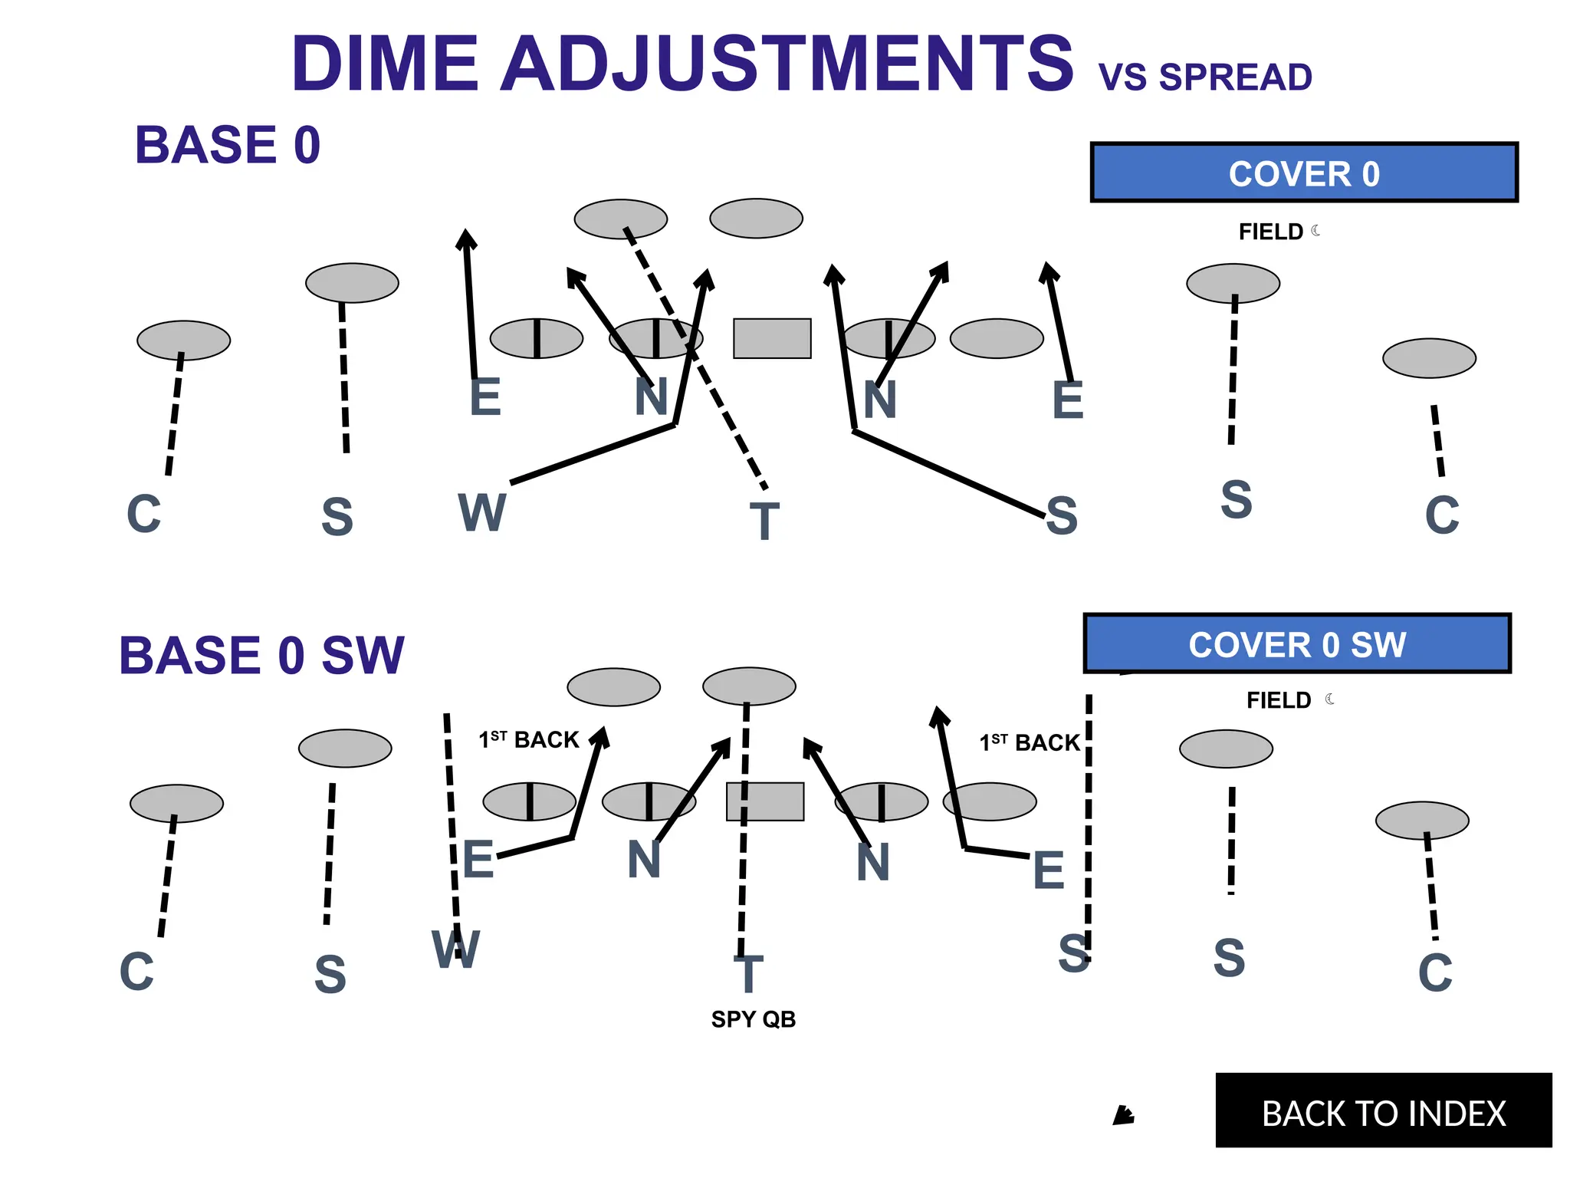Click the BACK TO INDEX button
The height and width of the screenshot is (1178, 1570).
pos(1383,1111)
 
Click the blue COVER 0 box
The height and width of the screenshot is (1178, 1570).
pos(1303,173)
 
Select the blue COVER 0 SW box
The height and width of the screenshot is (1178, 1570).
pos(1296,644)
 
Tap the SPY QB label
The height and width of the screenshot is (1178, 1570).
pos(753,1019)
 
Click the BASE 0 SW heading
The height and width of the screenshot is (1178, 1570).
pos(261,656)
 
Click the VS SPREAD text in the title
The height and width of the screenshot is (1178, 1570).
pos(1204,77)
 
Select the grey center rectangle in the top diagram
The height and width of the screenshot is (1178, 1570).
pos(772,338)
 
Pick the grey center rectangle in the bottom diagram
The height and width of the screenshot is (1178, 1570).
pos(765,801)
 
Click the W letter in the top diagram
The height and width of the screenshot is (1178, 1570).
pos(481,512)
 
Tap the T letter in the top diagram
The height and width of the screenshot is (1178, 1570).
pos(764,522)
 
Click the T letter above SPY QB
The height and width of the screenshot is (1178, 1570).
pos(749,974)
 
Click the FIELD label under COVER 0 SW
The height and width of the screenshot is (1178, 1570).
pos(1279,700)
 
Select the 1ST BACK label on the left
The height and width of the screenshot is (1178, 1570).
pos(529,739)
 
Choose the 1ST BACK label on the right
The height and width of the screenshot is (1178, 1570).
pos(1030,742)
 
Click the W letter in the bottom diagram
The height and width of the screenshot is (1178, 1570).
pos(455,949)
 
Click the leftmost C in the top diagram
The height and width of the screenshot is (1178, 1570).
pos(144,514)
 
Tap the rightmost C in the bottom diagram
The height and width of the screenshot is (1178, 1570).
pos(1435,973)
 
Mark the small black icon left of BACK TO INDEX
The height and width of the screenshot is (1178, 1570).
pos(1123,1115)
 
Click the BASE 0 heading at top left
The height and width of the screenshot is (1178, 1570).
pos(228,145)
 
